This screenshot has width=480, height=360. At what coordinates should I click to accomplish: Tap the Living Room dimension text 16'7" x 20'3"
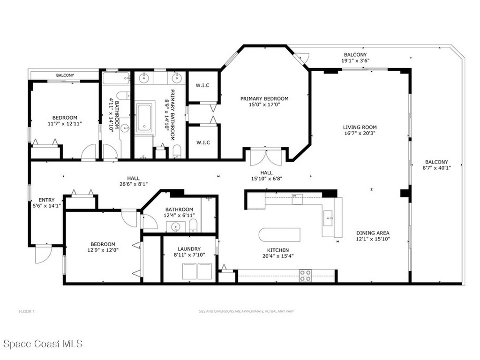pos(360,133)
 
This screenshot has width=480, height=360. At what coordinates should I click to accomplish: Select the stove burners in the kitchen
pos(305,275)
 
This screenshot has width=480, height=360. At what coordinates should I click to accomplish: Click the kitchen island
pos(279,235)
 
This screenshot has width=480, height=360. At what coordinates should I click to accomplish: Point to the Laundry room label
pos(189,249)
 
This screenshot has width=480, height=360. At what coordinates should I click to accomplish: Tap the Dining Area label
pos(373,233)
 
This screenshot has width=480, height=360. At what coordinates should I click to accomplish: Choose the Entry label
pos(46,200)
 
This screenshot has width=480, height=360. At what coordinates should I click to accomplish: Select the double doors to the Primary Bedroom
pos(266,157)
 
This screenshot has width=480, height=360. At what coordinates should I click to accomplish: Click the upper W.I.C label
pos(202,85)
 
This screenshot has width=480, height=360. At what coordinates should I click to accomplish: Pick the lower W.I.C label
pos(203,142)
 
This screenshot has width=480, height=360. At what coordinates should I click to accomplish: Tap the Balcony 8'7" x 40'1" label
pos(436,165)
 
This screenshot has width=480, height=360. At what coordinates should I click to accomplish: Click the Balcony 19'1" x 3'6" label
pos(355,58)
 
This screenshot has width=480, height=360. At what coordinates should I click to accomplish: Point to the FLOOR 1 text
pos(27,312)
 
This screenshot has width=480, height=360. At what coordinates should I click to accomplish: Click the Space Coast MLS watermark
pos(43,344)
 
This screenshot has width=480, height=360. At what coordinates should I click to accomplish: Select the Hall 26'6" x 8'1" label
pos(134,181)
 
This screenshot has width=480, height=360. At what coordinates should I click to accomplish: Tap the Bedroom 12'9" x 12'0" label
pos(103,247)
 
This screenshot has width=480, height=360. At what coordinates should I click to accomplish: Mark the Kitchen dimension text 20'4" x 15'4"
pos(278,256)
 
